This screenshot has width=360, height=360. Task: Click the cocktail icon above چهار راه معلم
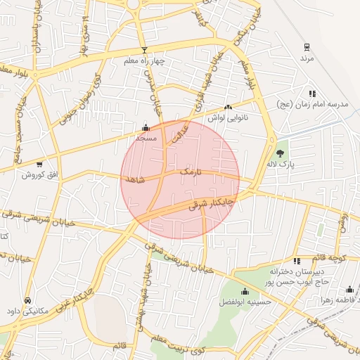pos(145,50)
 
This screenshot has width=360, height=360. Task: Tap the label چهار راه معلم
pos(144,61)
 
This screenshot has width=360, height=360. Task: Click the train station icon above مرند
pos(307,47)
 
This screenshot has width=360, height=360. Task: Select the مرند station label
pos(307,58)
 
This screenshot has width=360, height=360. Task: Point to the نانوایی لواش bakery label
pos(226,117)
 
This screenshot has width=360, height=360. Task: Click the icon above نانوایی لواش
pos(227,108)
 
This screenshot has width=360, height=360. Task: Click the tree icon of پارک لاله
pos(281,153)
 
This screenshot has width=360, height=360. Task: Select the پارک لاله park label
pos(281,164)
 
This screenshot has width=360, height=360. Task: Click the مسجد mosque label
pos(146,139)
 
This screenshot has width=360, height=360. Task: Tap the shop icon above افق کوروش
pos(39,163)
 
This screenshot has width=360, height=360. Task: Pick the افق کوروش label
pos(39,174)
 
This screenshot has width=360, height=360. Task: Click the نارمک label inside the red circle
pos(190,171)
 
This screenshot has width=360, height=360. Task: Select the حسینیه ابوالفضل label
pos(245,302)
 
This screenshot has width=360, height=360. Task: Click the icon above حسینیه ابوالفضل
pos(245,292)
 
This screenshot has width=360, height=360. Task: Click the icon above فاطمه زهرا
pos(349,289)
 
